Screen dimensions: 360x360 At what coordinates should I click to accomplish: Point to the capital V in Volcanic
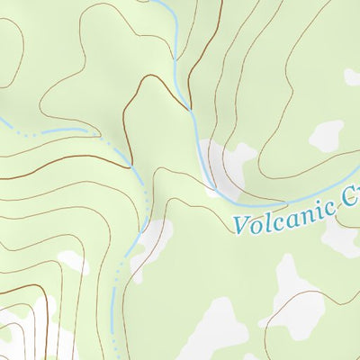(x=241, y=225)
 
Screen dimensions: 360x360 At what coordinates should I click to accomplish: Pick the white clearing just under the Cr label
(x=342, y=236)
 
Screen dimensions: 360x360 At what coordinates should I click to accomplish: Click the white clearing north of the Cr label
(x=326, y=135)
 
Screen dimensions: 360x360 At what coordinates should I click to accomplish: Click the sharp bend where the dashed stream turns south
(x=135, y=166)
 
